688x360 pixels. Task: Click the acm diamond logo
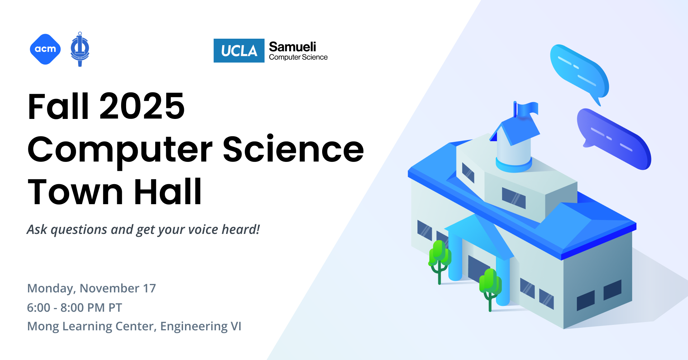(x=45, y=49)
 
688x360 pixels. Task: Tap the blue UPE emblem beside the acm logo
(x=80, y=49)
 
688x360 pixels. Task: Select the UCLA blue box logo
(x=239, y=51)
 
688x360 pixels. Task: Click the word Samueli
(x=292, y=47)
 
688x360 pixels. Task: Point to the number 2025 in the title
(x=142, y=106)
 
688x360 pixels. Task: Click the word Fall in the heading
(x=58, y=106)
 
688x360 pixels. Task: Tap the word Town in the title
(x=76, y=192)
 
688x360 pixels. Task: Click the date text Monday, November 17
(x=92, y=288)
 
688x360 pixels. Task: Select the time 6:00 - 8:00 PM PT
(x=75, y=307)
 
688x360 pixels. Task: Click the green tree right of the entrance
(x=490, y=287)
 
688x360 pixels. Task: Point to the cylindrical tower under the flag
(x=513, y=154)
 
